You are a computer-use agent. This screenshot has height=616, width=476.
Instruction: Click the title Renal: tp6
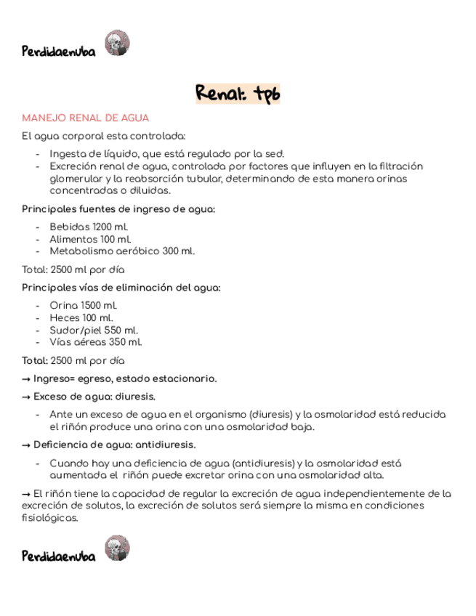(x=238, y=94)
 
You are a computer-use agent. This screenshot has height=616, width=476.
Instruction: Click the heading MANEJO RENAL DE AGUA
(x=86, y=118)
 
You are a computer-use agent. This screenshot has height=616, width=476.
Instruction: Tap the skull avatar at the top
(x=117, y=43)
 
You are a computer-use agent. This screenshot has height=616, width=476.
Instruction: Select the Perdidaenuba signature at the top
(x=59, y=52)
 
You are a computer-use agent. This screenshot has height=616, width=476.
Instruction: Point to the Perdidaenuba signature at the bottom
(x=59, y=556)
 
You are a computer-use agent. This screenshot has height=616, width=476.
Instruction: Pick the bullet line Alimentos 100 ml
(x=91, y=239)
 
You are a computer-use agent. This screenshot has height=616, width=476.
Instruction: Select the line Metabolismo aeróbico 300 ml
(x=122, y=251)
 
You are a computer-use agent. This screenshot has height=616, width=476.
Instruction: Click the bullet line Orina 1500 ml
(x=84, y=306)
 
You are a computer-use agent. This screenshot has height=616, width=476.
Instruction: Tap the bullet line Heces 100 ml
(x=81, y=317)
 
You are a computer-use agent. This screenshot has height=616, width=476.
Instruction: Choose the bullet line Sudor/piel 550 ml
(x=94, y=330)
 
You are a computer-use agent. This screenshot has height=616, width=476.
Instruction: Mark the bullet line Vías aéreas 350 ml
(x=96, y=342)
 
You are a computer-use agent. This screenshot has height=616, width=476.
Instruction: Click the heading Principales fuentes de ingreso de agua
(x=118, y=209)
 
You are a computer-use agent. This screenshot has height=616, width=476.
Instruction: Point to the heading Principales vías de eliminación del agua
(x=121, y=288)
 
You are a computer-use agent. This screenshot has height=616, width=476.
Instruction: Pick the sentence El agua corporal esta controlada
(x=104, y=136)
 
